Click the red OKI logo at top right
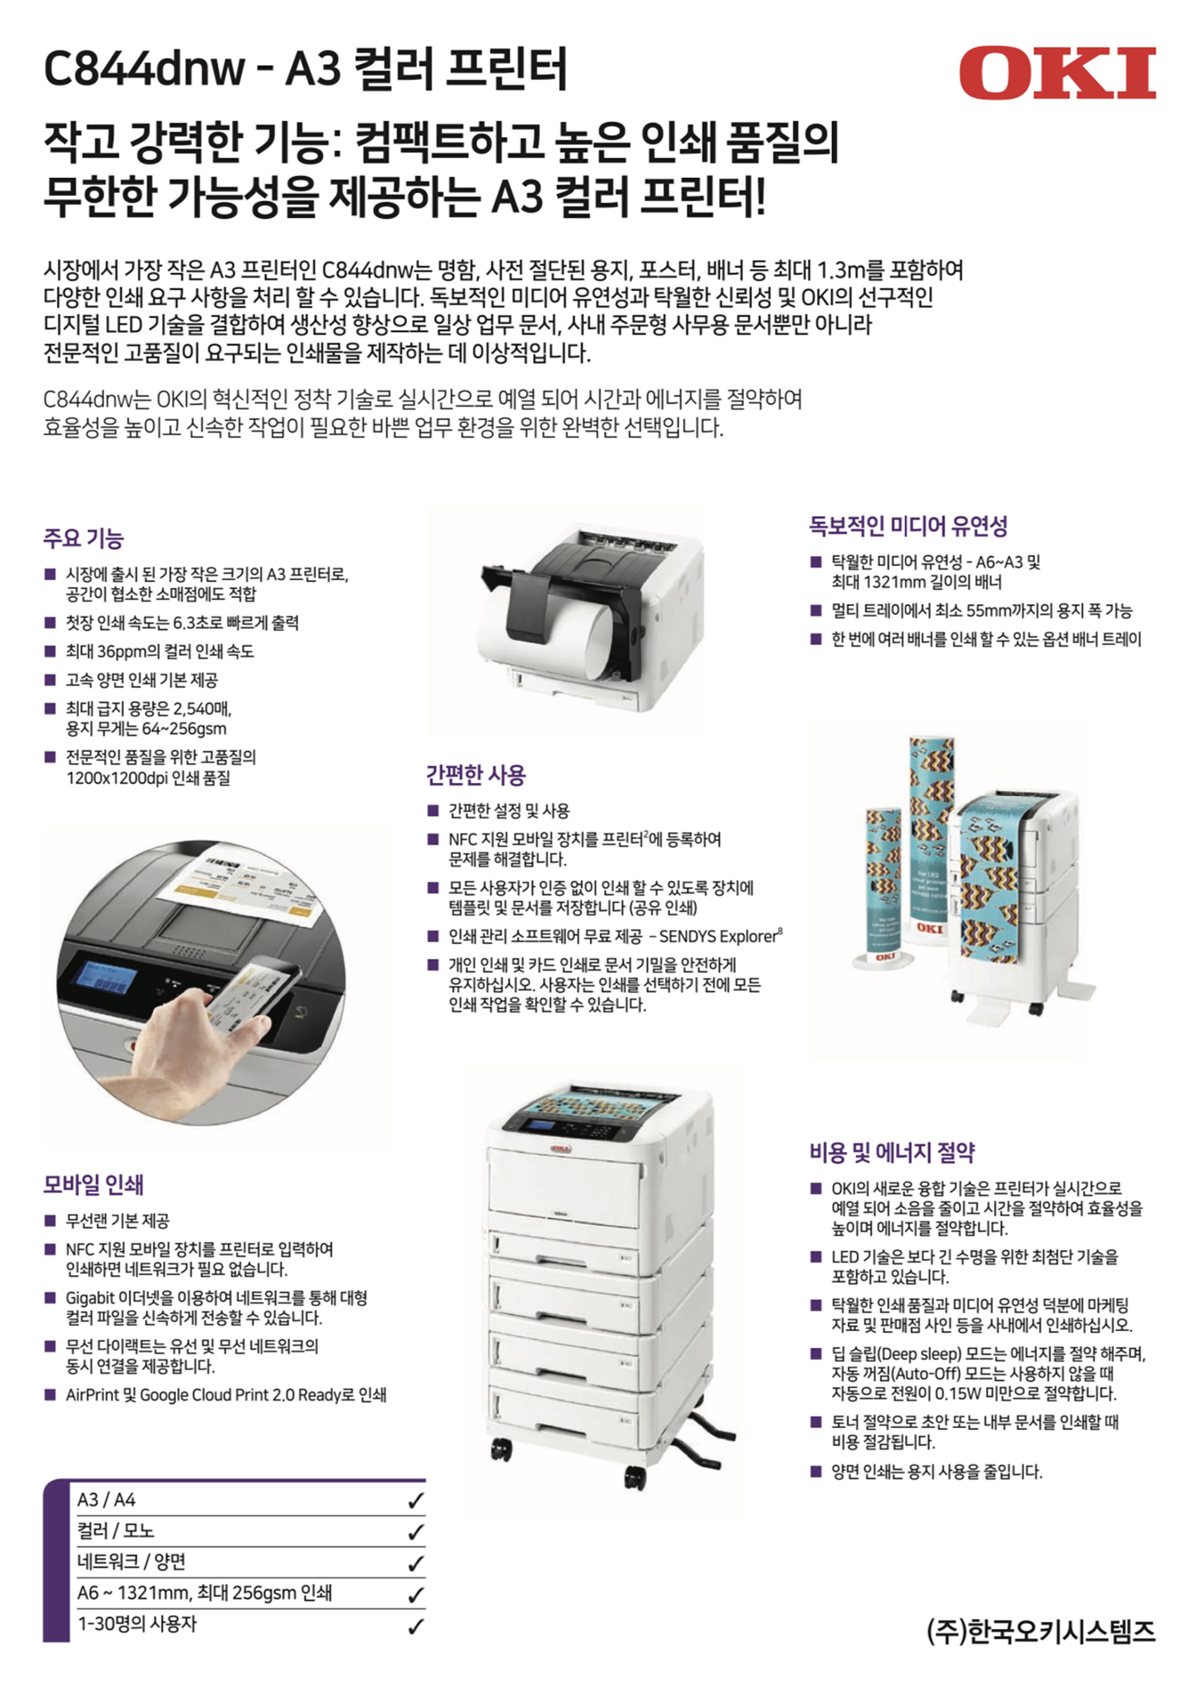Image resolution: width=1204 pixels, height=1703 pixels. [x=1057, y=72]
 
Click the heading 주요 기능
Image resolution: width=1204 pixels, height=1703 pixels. [x=83, y=539]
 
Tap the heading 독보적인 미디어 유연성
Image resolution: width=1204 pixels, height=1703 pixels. [x=908, y=526]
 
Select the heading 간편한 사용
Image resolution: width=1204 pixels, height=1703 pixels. [x=476, y=775]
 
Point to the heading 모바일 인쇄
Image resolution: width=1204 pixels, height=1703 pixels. [x=93, y=1184]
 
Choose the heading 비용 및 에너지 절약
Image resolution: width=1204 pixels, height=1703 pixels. [x=892, y=1152]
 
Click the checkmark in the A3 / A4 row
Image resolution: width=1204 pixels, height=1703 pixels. [x=415, y=1501]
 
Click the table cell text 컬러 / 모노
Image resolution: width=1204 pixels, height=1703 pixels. [x=116, y=1531]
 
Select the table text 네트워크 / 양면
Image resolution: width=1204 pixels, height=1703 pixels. [x=131, y=1562]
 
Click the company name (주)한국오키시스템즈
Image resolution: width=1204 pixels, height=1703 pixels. [x=1041, y=1631]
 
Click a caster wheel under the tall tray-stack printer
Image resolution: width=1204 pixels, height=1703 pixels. [x=501, y=1449]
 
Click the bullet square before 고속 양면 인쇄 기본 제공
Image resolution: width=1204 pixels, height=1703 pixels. [x=50, y=679]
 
